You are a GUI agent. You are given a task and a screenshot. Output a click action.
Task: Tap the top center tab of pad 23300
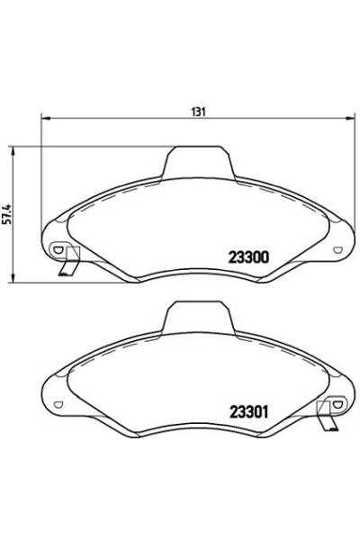pos(197,162)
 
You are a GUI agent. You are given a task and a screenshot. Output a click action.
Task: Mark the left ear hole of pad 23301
pos(56,402)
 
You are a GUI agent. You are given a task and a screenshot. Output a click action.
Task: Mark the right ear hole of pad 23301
pos(338,402)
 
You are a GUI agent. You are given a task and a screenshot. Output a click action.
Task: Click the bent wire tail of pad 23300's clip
pos(65,271)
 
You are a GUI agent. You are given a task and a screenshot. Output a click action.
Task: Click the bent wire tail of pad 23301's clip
pos(330,422)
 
